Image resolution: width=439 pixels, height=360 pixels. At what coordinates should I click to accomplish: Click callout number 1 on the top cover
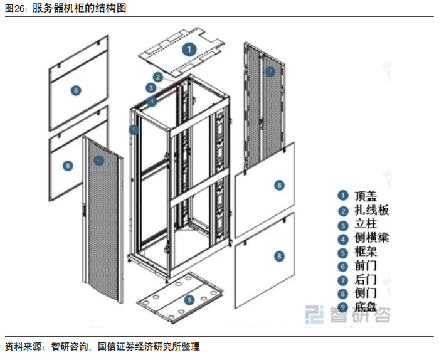point(189,50)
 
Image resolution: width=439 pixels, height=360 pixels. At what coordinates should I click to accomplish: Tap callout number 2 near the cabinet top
point(158,77)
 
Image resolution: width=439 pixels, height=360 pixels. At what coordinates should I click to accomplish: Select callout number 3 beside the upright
point(151,88)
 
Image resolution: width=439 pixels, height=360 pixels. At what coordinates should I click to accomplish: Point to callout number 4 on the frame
point(152,101)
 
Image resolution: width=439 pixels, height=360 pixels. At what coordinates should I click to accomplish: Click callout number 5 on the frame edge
point(134,130)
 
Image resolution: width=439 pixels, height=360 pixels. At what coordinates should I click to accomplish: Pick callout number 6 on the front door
point(98,161)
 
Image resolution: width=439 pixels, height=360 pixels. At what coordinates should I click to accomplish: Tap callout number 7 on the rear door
point(270,71)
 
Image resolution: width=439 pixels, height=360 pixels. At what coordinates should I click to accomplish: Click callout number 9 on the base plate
point(189,300)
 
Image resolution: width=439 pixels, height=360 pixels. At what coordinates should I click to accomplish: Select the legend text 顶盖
point(366,196)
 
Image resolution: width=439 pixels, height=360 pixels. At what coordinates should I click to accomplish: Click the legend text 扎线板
point(371,210)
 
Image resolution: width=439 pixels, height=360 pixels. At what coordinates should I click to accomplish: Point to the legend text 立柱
point(366,224)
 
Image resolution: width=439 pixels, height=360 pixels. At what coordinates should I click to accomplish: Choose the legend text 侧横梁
point(371,238)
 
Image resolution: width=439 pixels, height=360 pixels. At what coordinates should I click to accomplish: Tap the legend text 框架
point(366,251)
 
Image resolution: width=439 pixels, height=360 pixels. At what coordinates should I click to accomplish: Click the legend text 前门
point(366,266)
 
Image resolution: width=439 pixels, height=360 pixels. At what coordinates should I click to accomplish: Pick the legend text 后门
point(366,279)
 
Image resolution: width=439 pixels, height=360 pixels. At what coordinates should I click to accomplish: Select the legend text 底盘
point(366,307)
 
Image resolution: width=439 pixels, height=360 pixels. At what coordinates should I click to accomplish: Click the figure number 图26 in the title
point(15,8)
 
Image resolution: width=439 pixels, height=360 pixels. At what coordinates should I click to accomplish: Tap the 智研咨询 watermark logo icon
point(314,314)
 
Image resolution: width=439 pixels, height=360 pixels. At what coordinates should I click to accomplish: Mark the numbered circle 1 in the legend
point(342,196)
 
